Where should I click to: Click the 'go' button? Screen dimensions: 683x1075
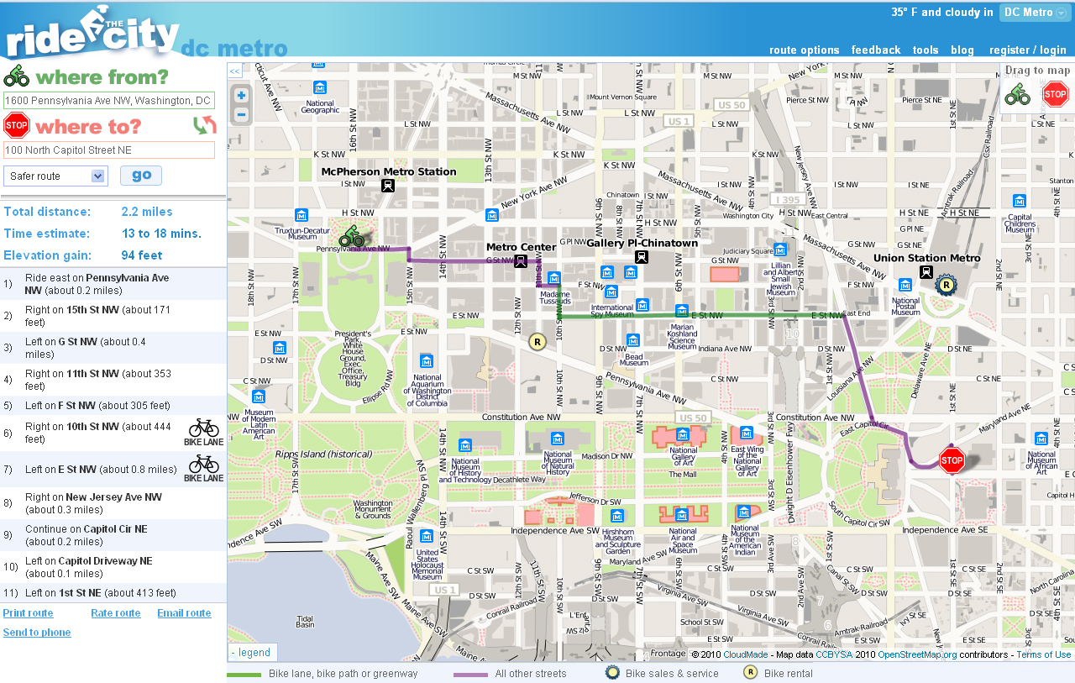pos(141,176)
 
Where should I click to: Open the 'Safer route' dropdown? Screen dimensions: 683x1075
pos(55,176)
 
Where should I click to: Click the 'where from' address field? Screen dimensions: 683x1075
pos(109,101)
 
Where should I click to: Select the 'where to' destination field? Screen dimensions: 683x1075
pos(109,150)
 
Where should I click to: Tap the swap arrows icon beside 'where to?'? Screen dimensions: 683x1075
pos(204,126)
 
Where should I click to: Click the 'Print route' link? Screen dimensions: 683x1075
pos(28,613)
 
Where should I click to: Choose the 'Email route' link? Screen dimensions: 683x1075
pos(184,613)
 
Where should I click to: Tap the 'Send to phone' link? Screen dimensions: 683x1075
pos(37,633)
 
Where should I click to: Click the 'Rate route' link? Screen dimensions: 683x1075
pos(116,613)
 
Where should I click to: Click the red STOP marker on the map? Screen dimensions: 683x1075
pos(952,460)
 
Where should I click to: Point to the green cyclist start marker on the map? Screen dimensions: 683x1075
pos(351,236)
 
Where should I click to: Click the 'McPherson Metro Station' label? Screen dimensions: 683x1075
pos(389,172)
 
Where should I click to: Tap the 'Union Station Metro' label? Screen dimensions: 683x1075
pos(926,259)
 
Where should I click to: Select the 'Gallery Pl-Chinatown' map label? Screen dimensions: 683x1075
pos(642,244)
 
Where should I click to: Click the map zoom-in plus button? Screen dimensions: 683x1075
pos(241,96)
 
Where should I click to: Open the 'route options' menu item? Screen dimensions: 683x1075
pos(804,50)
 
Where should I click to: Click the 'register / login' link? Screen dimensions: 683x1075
pos(1027,50)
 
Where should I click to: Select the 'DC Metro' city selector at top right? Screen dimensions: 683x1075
pos(1035,13)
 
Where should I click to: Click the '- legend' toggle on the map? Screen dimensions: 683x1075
pos(252,653)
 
